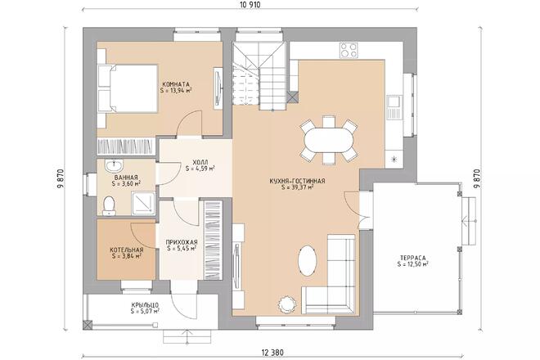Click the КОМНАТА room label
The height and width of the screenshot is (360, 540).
176,84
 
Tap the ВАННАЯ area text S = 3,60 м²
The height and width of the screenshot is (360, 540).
126,183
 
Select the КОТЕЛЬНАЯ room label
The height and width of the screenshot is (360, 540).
126,250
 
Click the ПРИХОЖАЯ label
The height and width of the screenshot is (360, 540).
182,242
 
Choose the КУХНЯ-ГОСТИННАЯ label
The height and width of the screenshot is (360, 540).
298,181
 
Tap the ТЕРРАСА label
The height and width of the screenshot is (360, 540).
413,258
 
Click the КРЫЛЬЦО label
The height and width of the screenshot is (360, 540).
145,305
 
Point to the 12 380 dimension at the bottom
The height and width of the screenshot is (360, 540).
272,353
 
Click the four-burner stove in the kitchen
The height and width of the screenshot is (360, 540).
349,50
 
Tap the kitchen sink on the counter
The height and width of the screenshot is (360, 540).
394,102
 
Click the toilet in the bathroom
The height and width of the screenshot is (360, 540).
109,205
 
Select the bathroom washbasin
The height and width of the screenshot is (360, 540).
113,166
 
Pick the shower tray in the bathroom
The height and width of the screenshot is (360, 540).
142,203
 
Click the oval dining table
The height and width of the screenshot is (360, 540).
329,141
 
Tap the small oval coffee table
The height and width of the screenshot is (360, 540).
307,260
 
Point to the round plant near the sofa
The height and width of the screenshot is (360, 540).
286,304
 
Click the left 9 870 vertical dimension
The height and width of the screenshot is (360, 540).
61,179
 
